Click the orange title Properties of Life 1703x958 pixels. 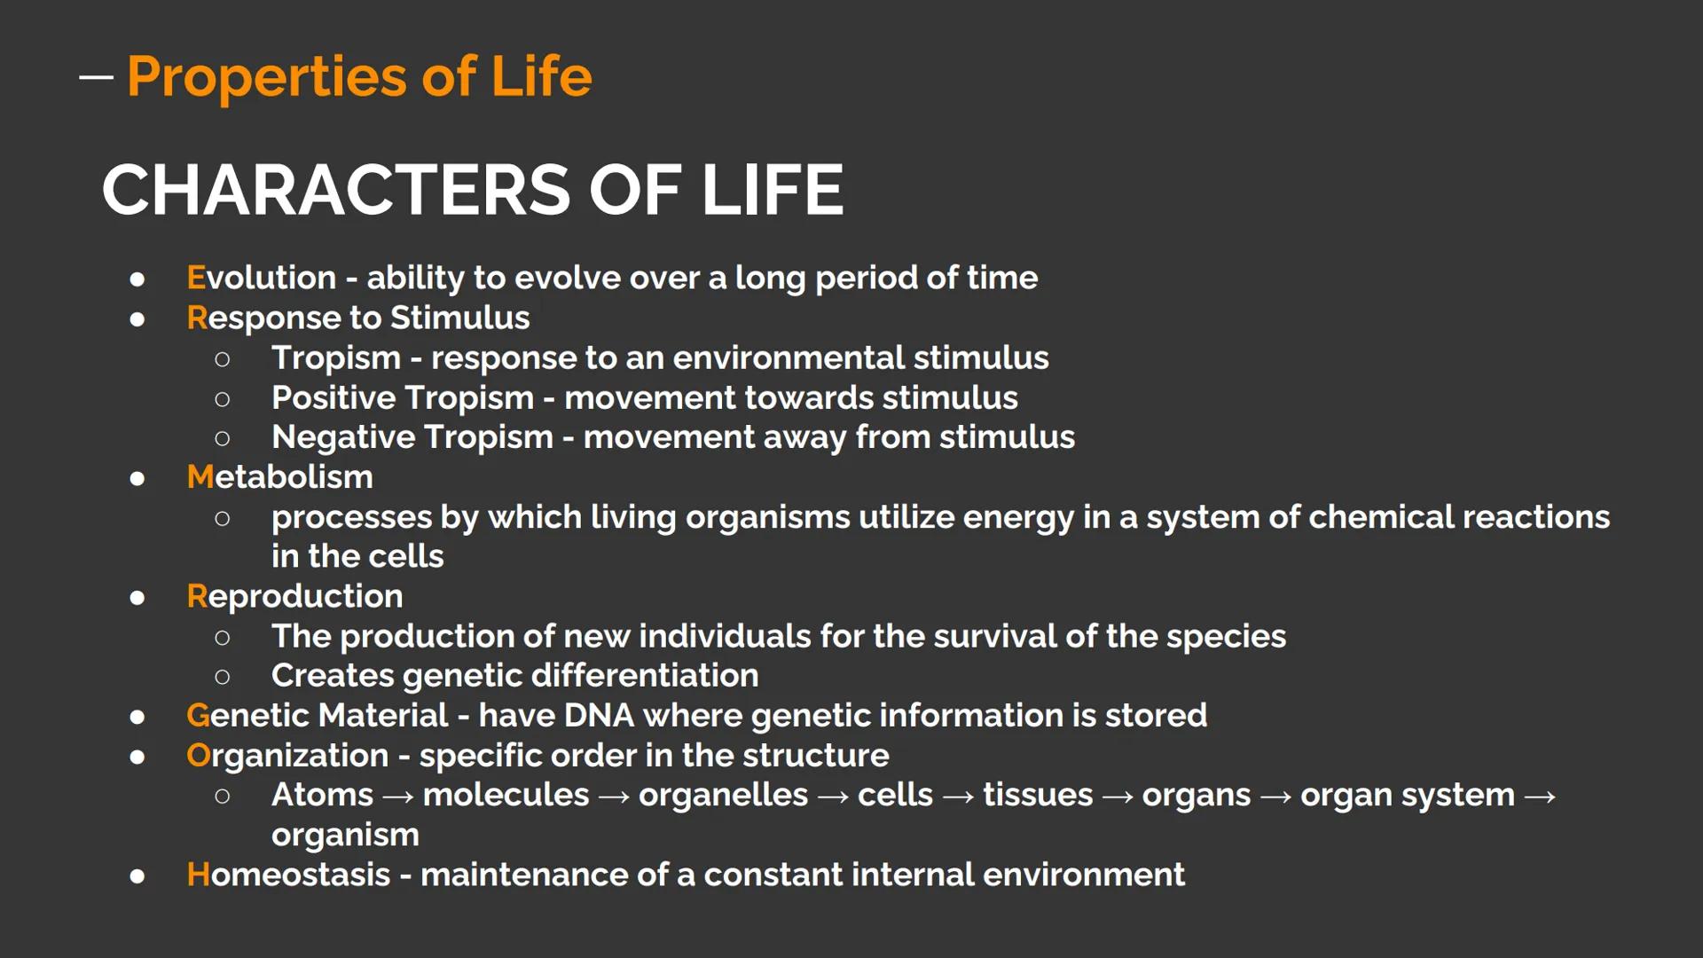tap(359, 77)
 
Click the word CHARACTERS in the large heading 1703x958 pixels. tap(337, 190)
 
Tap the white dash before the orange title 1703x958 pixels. tap(96, 77)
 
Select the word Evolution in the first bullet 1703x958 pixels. tap(261, 278)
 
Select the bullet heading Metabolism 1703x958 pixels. tap(279, 477)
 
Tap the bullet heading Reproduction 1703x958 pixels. tap(294, 596)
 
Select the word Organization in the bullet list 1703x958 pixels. tap(287, 756)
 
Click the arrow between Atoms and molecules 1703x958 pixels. tap(397, 797)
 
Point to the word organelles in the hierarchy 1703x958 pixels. tap(723, 796)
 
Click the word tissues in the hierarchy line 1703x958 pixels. tap(1037, 796)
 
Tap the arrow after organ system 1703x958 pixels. tap(1540, 797)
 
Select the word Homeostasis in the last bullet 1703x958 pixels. tap(288, 875)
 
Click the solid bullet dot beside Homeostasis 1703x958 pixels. tap(137, 876)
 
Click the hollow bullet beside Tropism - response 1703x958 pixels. tap(223, 359)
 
